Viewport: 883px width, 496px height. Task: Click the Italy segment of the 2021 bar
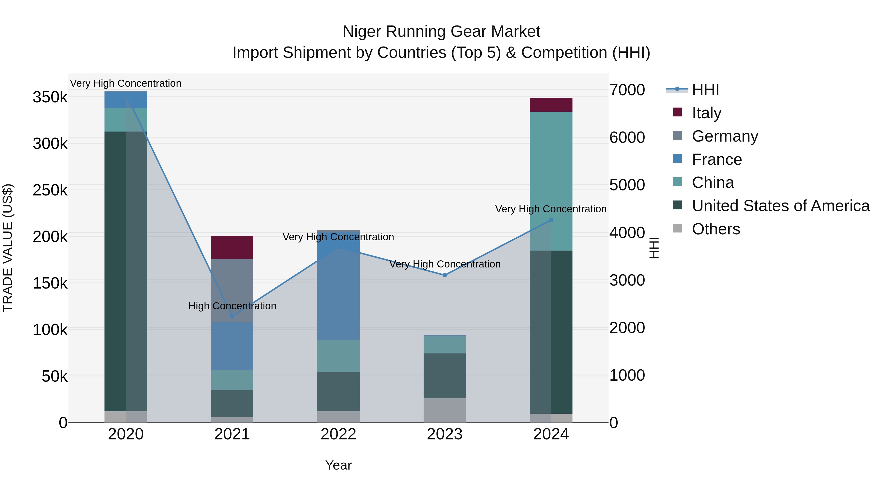[232, 247]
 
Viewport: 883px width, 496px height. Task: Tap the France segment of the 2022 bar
[338, 291]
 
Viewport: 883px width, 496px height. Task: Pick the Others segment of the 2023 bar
[445, 410]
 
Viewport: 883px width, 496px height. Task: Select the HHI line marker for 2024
[551, 220]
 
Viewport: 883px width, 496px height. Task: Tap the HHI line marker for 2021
[232, 316]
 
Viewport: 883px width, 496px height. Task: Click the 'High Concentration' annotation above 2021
[232, 306]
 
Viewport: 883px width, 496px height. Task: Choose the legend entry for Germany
[725, 136]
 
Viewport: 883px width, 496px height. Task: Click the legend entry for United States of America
[780, 206]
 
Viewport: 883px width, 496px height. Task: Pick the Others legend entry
[715, 229]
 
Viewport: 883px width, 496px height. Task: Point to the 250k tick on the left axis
[50, 190]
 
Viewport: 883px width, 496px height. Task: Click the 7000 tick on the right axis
[627, 90]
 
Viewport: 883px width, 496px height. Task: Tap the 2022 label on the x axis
[338, 434]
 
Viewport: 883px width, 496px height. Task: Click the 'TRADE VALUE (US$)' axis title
[8, 248]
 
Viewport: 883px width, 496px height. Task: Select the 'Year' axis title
[338, 465]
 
